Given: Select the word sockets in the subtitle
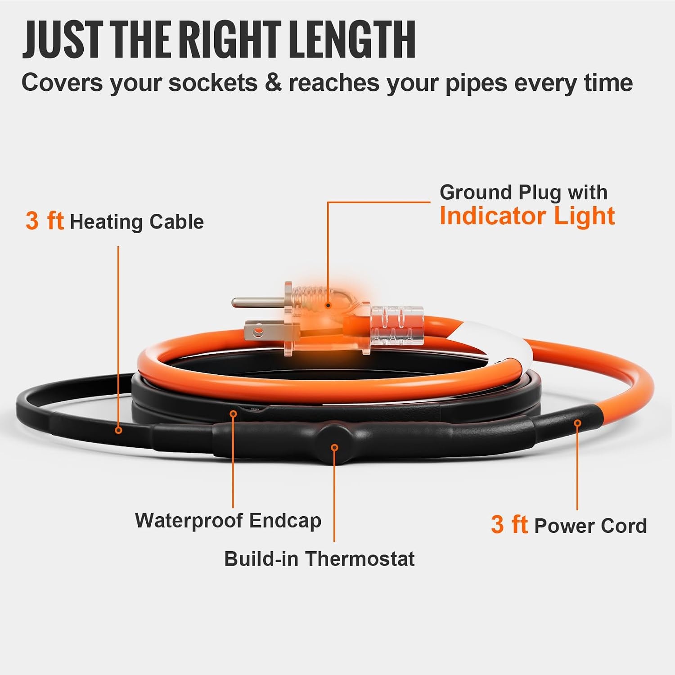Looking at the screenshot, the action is tap(213, 83).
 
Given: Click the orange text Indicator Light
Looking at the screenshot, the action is tap(527, 216).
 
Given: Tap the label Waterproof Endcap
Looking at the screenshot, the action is tap(228, 521).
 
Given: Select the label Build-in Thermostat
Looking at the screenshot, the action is tap(319, 559).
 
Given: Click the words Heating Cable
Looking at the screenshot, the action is tap(137, 222).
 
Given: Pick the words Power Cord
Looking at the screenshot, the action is tap(590, 526).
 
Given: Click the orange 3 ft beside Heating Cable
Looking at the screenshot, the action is tap(45, 221).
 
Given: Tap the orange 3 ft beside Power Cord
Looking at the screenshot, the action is tap(509, 525).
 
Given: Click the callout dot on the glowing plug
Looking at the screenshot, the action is tap(328, 305).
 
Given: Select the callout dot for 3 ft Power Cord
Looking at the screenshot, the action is tap(577, 423).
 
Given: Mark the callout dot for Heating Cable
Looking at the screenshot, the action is tap(118, 430).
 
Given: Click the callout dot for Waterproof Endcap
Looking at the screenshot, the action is tap(233, 414).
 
